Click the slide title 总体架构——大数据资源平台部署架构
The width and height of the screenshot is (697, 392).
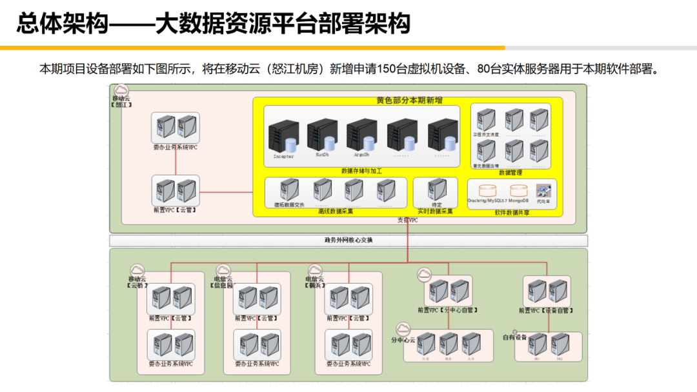pos(213,24)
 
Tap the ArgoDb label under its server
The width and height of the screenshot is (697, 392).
pos(361,155)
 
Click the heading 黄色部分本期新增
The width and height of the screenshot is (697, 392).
pos(409,101)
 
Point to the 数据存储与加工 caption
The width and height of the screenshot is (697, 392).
pos(361,171)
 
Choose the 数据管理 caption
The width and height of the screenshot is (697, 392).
pos(510,172)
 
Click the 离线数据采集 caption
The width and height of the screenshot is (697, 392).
pos(336,211)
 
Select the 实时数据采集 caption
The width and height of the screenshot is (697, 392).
pos(435,211)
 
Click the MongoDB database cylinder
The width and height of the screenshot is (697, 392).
pos(519,191)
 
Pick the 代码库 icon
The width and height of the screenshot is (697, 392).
pos(543,191)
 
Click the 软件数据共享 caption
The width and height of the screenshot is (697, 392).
pos(512,212)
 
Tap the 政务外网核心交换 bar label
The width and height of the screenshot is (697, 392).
pos(348,240)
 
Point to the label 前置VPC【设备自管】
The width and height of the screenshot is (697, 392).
pos(546,311)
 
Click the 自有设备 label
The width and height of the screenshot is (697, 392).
pos(515,337)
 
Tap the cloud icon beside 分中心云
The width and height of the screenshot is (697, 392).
pos(403,329)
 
